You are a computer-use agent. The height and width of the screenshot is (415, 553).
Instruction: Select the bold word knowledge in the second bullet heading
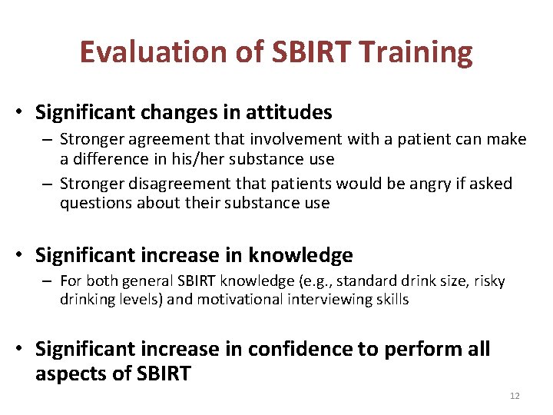[300, 254]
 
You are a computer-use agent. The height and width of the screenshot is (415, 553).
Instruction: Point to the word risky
[488, 281]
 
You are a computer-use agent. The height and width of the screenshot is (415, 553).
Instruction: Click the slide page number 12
[515, 396]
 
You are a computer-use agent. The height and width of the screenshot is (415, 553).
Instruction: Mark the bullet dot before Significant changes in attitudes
[24, 113]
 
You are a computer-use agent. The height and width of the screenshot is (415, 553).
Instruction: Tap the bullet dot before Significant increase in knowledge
[24, 255]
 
